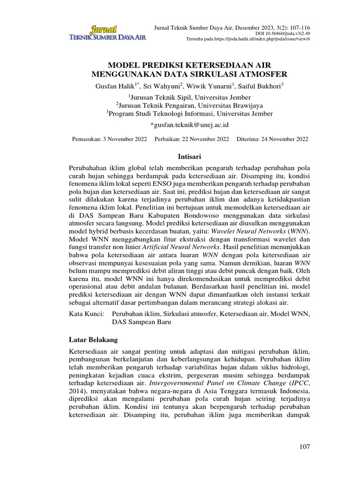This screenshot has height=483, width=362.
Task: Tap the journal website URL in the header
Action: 248,39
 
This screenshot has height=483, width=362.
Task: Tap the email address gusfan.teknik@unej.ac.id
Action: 189,125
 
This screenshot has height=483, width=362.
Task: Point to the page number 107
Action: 304,447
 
